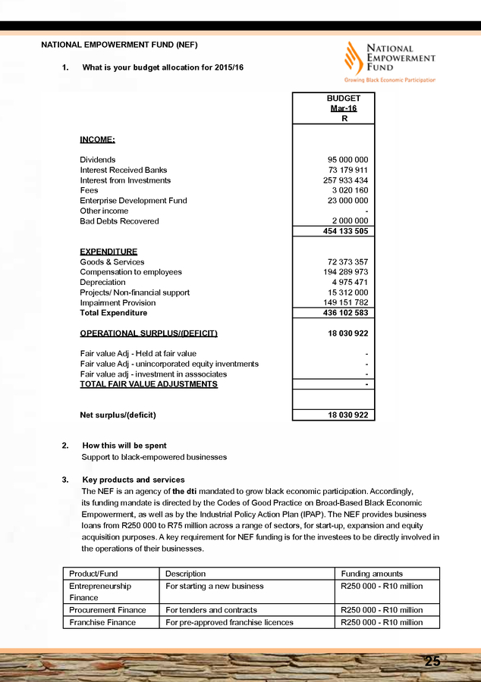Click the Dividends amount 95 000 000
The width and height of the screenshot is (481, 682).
347,160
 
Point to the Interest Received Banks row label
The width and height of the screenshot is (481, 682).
124,170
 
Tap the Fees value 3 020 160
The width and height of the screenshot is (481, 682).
350,191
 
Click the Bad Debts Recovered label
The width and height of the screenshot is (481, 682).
120,221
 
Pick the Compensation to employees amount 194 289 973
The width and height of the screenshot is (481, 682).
341,272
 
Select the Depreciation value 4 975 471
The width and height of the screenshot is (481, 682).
350,283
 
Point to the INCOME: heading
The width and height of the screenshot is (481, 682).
98,139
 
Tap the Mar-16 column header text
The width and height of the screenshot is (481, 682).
343,108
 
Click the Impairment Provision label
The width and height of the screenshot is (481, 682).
118,302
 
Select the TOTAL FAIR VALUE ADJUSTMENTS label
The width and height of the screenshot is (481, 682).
149,384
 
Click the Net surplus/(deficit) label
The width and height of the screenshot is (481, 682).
118,415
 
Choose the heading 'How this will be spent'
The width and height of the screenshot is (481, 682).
124,446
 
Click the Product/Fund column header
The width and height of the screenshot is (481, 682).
93,574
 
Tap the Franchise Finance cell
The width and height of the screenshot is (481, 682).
102,622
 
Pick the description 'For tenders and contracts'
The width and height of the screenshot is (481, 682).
211,610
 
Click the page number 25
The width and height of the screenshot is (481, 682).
432,662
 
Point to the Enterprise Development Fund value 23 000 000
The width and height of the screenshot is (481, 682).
347,201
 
